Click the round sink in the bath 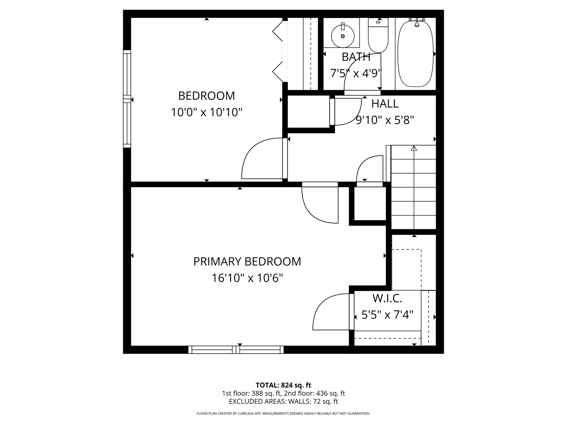tap(343, 36)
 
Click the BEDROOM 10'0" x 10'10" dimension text tap(207, 113)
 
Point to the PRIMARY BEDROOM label tap(247, 262)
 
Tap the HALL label tap(385, 104)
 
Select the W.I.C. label tap(387, 299)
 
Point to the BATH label tap(356, 57)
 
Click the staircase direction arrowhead tap(414, 148)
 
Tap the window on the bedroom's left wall tap(127, 99)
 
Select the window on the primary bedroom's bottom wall tap(236, 350)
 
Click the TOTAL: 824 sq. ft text tap(283, 385)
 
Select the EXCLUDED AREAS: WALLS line tap(283, 401)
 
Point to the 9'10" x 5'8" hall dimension tap(385, 120)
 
